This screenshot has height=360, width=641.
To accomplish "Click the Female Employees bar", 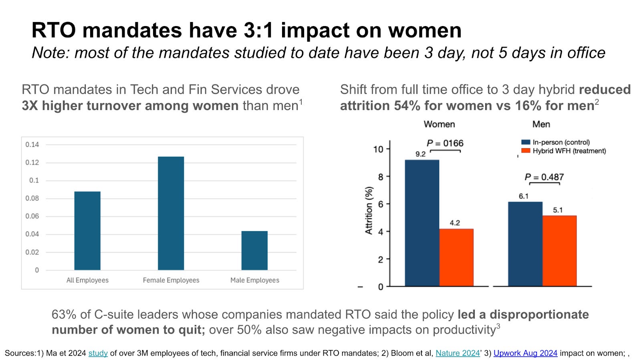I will [171, 213].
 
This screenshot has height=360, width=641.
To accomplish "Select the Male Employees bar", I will [254, 250].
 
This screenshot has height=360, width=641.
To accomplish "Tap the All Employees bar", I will [87, 231].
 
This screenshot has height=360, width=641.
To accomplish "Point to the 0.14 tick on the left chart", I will [32, 145].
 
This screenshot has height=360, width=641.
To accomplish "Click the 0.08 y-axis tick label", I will [32, 198].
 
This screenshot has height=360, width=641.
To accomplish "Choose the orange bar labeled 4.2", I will [456, 257].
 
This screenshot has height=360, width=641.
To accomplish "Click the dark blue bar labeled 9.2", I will [422, 223].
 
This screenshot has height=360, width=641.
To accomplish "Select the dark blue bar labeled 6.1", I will [525, 244].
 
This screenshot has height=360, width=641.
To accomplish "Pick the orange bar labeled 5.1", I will [559, 251].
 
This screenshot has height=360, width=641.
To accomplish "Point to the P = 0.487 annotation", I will [544, 177].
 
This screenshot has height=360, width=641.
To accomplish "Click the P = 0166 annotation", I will [445, 144].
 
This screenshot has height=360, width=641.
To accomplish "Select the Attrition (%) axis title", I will [369, 210].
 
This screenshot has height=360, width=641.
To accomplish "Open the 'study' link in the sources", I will [98, 353].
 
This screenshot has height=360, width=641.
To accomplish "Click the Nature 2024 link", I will [458, 353].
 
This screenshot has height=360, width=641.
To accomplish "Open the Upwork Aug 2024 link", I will [525, 353].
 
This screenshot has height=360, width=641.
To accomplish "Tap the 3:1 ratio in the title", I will [260, 30].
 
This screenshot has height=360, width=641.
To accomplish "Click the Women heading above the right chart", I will [439, 124].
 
